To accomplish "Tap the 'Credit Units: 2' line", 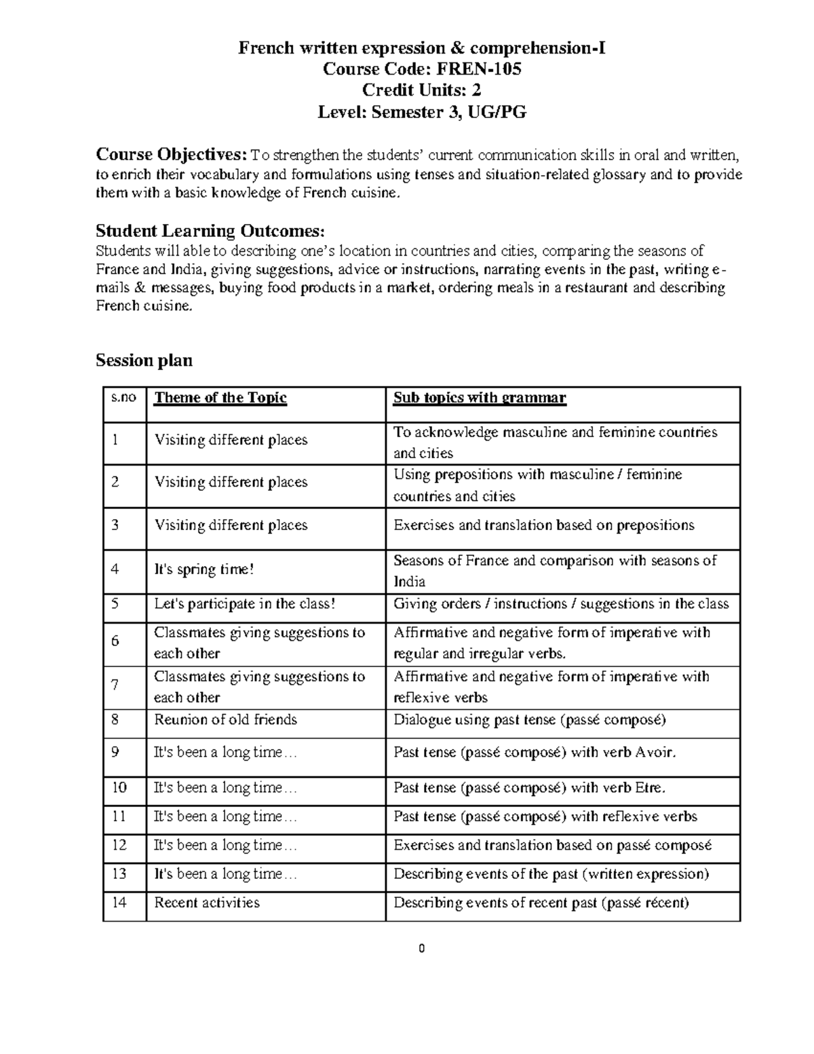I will (x=421, y=90).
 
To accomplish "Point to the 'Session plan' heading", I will (x=144, y=360).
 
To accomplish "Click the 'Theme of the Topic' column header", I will (x=220, y=398).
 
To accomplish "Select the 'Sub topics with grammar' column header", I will (x=479, y=398).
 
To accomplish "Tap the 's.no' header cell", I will (x=124, y=397).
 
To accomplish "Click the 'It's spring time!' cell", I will (x=204, y=569).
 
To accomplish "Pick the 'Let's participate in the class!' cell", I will (x=245, y=604).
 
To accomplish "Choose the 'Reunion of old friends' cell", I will (x=225, y=719).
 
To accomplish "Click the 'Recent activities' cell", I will (x=207, y=903).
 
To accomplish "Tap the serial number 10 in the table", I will (x=119, y=788).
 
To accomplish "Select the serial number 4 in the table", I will (x=115, y=569).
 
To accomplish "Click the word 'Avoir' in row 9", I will (x=655, y=753).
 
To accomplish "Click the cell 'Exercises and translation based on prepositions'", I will (x=543, y=525).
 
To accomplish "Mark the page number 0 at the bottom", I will (x=421, y=949).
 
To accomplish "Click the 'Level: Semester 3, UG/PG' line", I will (x=421, y=112).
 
